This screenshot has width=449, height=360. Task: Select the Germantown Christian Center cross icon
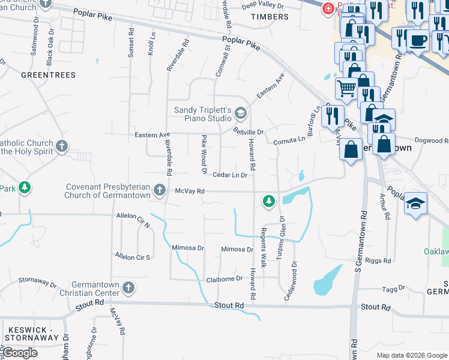[128, 289]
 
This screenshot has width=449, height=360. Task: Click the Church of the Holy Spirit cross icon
[62, 146]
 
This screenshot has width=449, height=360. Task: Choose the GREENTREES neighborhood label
[48, 75]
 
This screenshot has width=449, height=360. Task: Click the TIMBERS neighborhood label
[270, 17]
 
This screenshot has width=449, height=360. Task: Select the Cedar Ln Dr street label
[230, 175]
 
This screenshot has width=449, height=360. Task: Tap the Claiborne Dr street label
[224, 278]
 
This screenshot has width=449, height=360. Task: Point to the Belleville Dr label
[249, 131]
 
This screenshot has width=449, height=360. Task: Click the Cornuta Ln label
[289, 140]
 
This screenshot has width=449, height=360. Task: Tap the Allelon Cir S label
[133, 256]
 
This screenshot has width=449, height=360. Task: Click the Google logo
[20, 353]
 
